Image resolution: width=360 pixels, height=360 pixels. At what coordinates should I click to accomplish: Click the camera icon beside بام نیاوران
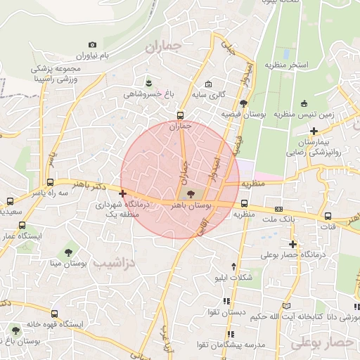coord(93,45)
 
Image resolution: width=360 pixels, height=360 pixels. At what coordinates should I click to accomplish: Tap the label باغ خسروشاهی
coord(147,94)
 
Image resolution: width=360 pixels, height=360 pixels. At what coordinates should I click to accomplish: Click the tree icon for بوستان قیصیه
coord(243,104)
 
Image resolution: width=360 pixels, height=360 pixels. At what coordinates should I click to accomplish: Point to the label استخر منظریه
coord(287,65)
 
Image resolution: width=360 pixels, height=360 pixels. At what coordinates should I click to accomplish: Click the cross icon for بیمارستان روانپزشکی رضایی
coord(314,131)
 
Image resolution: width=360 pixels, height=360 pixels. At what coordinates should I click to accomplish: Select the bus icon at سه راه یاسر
coord(8,200)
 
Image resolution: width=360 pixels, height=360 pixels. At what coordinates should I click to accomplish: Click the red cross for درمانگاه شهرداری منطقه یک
coord(123,193)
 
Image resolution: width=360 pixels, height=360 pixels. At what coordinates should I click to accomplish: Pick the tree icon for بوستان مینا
coord(68,252)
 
